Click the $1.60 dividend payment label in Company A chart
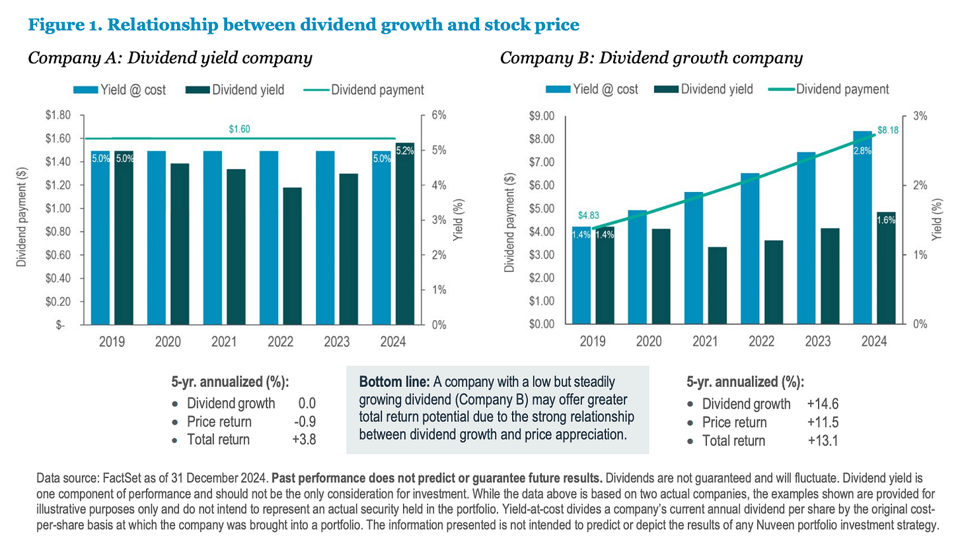[x=239, y=130]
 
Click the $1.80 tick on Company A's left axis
[x=57, y=116]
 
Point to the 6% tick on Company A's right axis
[x=439, y=116]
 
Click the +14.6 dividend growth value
[x=822, y=404]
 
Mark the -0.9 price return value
[x=305, y=422]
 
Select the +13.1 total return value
[x=822, y=440]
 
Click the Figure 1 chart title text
[x=303, y=25]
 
